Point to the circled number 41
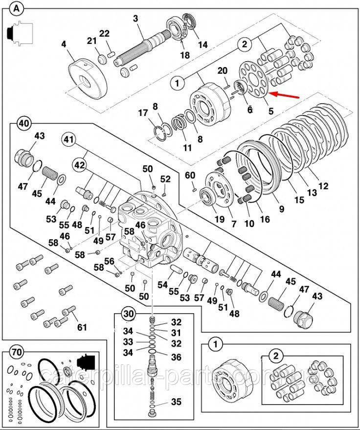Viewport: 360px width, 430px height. pyautogui.click(x=69, y=140)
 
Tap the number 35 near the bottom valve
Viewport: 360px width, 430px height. pyautogui.click(x=176, y=403)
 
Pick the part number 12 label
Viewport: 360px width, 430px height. pyautogui.click(x=323, y=186)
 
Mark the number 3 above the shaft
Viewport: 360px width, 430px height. pyautogui.click(x=136, y=19)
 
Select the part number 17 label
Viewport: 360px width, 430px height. pyautogui.click(x=143, y=113)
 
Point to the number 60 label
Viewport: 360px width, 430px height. pyautogui.click(x=190, y=175)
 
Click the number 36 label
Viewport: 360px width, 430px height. pyautogui.click(x=176, y=358)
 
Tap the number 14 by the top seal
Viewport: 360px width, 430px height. pyautogui.click(x=202, y=45)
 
